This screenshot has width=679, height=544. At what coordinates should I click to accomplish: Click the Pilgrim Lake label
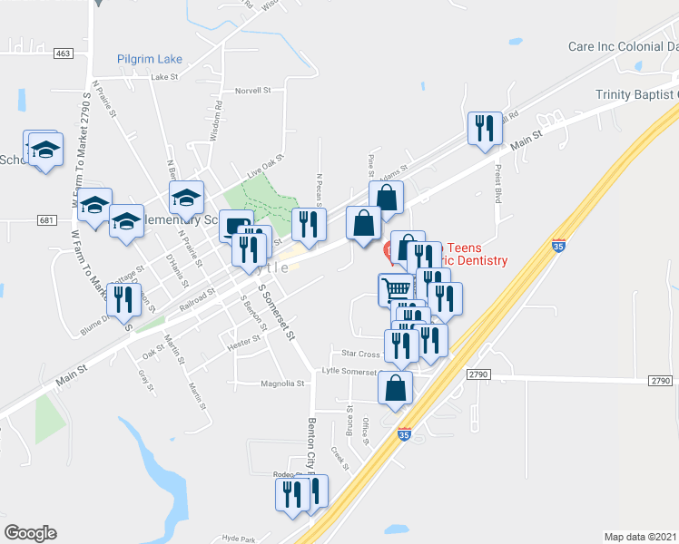[x=150, y=59]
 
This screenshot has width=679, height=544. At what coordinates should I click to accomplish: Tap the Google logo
[x=30, y=533]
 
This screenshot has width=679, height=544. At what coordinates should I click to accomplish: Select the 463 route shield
[x=63, y=53]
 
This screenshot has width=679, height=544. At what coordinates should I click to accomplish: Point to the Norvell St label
[x=253, y=91]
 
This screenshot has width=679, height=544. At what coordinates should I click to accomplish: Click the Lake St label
[x=166, y=77]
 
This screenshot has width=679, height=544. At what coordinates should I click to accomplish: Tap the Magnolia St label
[x=282, y=384]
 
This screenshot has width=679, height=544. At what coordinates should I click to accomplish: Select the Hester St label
[x=244, y=339]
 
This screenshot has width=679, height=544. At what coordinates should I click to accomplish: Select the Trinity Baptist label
[x=636, y=94]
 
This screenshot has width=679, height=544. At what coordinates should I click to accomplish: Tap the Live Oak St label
[x=267, y=168]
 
